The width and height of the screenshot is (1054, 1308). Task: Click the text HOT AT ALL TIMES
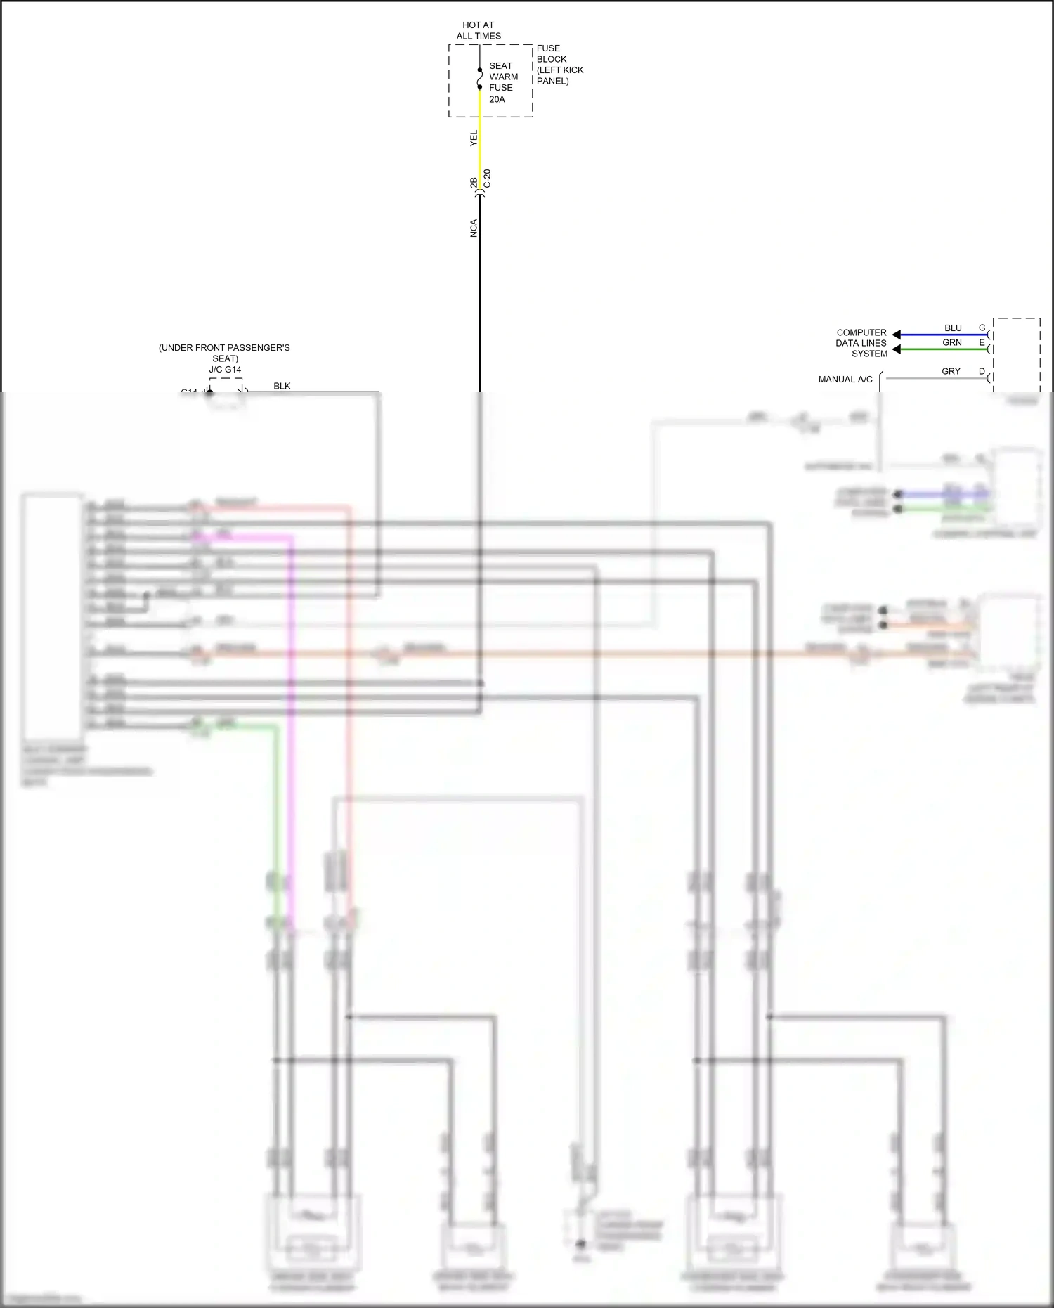[x=479, y=30]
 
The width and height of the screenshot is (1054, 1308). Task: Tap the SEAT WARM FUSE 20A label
[x=502, y=82]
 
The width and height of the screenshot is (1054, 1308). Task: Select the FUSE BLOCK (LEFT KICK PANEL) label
[x=559, y=65]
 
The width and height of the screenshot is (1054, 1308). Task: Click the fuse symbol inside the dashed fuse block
[x=480, y=79]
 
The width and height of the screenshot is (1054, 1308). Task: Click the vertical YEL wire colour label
[x=474, y=138]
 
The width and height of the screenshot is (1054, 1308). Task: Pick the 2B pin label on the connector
[x=474, y=182]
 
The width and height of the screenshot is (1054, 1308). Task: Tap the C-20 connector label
[x=487, y=179]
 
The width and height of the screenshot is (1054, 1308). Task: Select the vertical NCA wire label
[x=474, y=228]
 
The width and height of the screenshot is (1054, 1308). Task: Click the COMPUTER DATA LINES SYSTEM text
[x=861, y=343]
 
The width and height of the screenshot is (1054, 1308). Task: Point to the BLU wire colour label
[x=953, y=328]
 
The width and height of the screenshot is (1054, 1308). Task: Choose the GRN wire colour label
[x=952, y=342]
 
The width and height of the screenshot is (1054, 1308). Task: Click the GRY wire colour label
[x=951, y=371]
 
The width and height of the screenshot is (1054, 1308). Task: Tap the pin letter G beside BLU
[x=982, y=328]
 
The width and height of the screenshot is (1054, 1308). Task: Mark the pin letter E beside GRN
[x=982, y=342]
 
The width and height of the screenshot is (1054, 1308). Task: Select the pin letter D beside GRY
[x=982, y=371]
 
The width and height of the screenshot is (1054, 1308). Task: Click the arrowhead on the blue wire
[x=897, y=335]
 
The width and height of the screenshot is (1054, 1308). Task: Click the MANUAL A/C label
[x=845, y=380]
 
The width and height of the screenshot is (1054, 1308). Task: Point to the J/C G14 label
[x=225, y=370]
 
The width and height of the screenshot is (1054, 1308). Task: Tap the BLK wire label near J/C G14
[x=282, y=386]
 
